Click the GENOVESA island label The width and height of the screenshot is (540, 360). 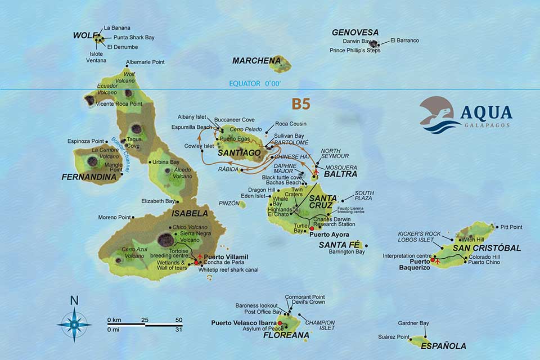click(x=355, y=33)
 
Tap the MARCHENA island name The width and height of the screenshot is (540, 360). click(x=256, y=61)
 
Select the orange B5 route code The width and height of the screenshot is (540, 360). click(x=301, y=104)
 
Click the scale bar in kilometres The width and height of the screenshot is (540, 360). click(x=145, y=324)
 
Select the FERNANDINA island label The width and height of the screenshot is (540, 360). click(x=89, y=177)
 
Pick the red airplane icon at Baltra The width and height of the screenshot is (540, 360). click(x=316, y=172)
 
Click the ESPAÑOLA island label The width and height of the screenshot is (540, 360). click(x=444, y=346)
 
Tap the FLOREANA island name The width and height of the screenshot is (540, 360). click(x=286, y=335)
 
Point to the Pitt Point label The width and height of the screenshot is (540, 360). click(x=511, y=227)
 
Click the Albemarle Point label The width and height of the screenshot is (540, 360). click(x=145, y=62)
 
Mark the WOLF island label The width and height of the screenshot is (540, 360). click(x=82, y=35)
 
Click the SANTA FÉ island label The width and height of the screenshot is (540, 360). click(x=340, y=245)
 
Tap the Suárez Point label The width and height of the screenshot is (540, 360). click(x=395, y=337)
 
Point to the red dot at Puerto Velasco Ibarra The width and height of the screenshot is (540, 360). click(x=280, y=323)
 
